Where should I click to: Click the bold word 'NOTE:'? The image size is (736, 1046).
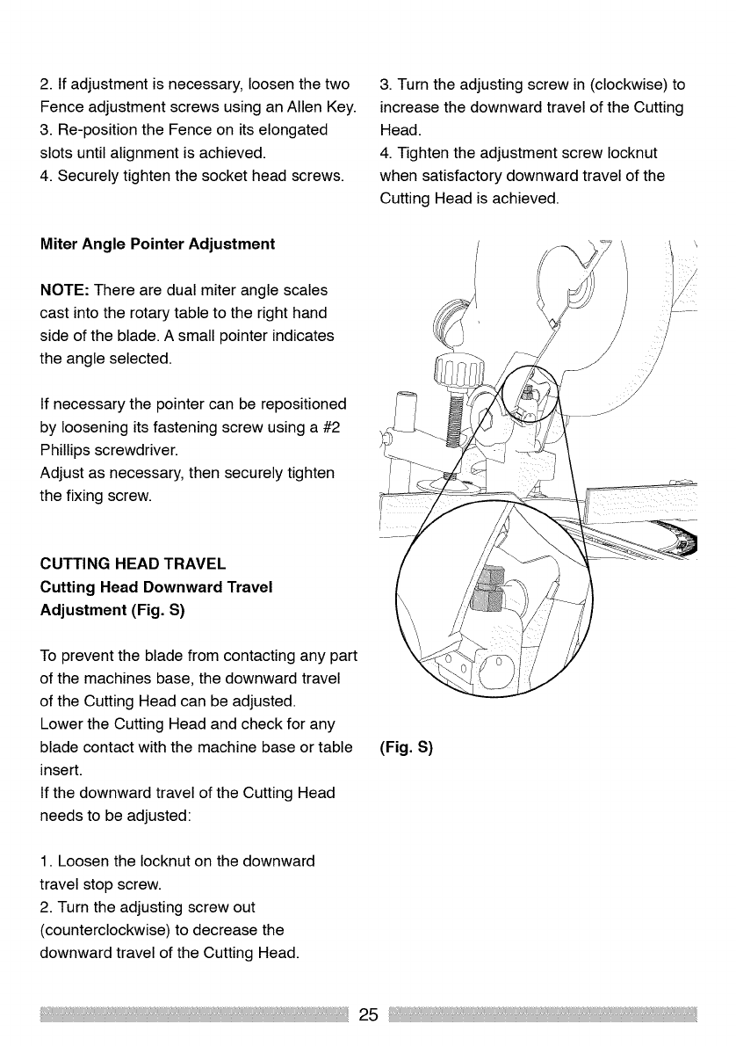(66, 290)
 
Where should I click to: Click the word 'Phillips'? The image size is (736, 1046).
(71, 450)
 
